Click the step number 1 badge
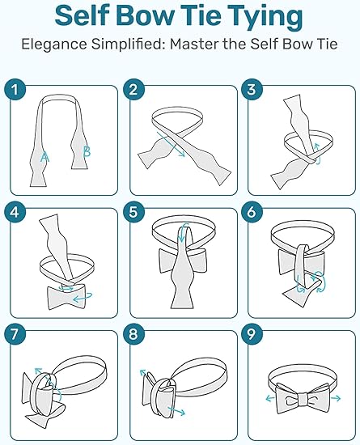tap(15, 89)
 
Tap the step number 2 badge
tap(134, 89)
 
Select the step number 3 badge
tap(252, 89)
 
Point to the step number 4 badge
tap(15, 212)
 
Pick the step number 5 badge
tap(134, 212)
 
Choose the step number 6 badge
tap(252, 212)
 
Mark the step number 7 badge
tap(15, 334)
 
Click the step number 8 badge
tap(134, 334)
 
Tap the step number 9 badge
tap(252, 334)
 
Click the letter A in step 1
tap(44, 157)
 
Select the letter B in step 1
tap(87, 151)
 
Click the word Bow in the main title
tap(146, 15)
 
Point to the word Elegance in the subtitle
tap(54, 44)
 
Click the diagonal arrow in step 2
tap(171, 145)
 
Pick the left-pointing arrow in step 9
tap(270, 399)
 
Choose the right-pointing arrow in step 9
tap(336, 398)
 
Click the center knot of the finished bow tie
tap(303, 400)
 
